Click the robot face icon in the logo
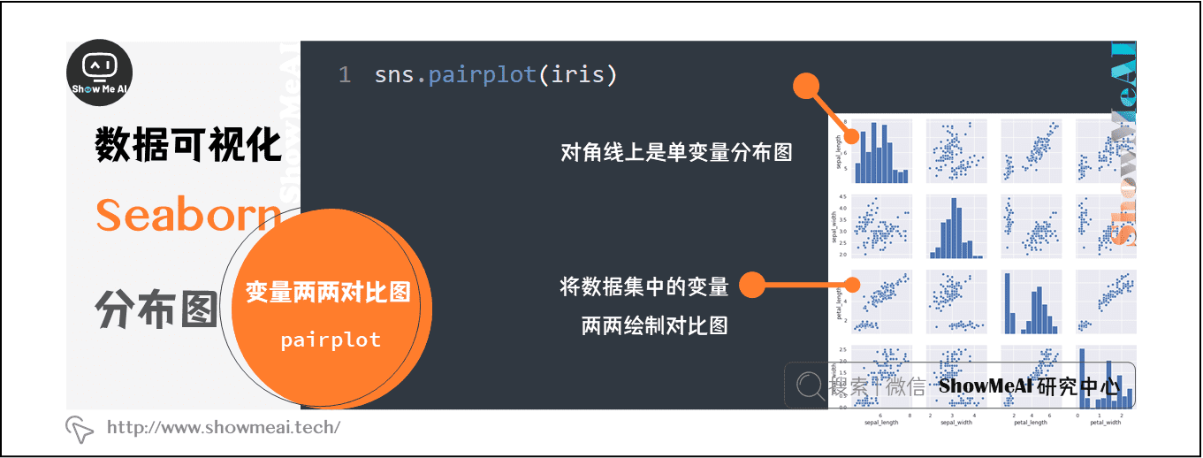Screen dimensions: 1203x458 [x=99, y=65]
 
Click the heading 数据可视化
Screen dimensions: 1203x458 [x=188, y=144]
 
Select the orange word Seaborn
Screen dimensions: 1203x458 [x=188, y=214]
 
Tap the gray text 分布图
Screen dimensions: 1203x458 [x=156, y=309]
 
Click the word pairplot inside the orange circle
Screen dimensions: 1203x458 [x=331, y=340]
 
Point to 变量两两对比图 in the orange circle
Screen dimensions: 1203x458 [x=328, y=292]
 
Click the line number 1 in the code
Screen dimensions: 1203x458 [x=345, y=75]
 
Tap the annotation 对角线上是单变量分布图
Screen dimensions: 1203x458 [x=676, y=152]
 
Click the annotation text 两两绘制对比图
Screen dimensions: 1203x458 [x=654, y=325]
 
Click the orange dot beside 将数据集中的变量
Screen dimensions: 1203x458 [x=751, y=285]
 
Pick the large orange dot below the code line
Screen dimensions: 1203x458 [x=806, y=87]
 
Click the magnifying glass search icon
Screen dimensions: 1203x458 [x=809, y=385]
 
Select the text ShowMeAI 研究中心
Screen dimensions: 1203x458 [x=1030, y=386]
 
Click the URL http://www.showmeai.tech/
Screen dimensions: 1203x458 [x=224, y=428]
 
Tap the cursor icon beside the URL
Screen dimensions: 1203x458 [x=80, y=429]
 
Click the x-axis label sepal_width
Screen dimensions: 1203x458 [x=956, y=422]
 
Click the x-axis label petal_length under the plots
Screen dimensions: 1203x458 [x=1030, y=422]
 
